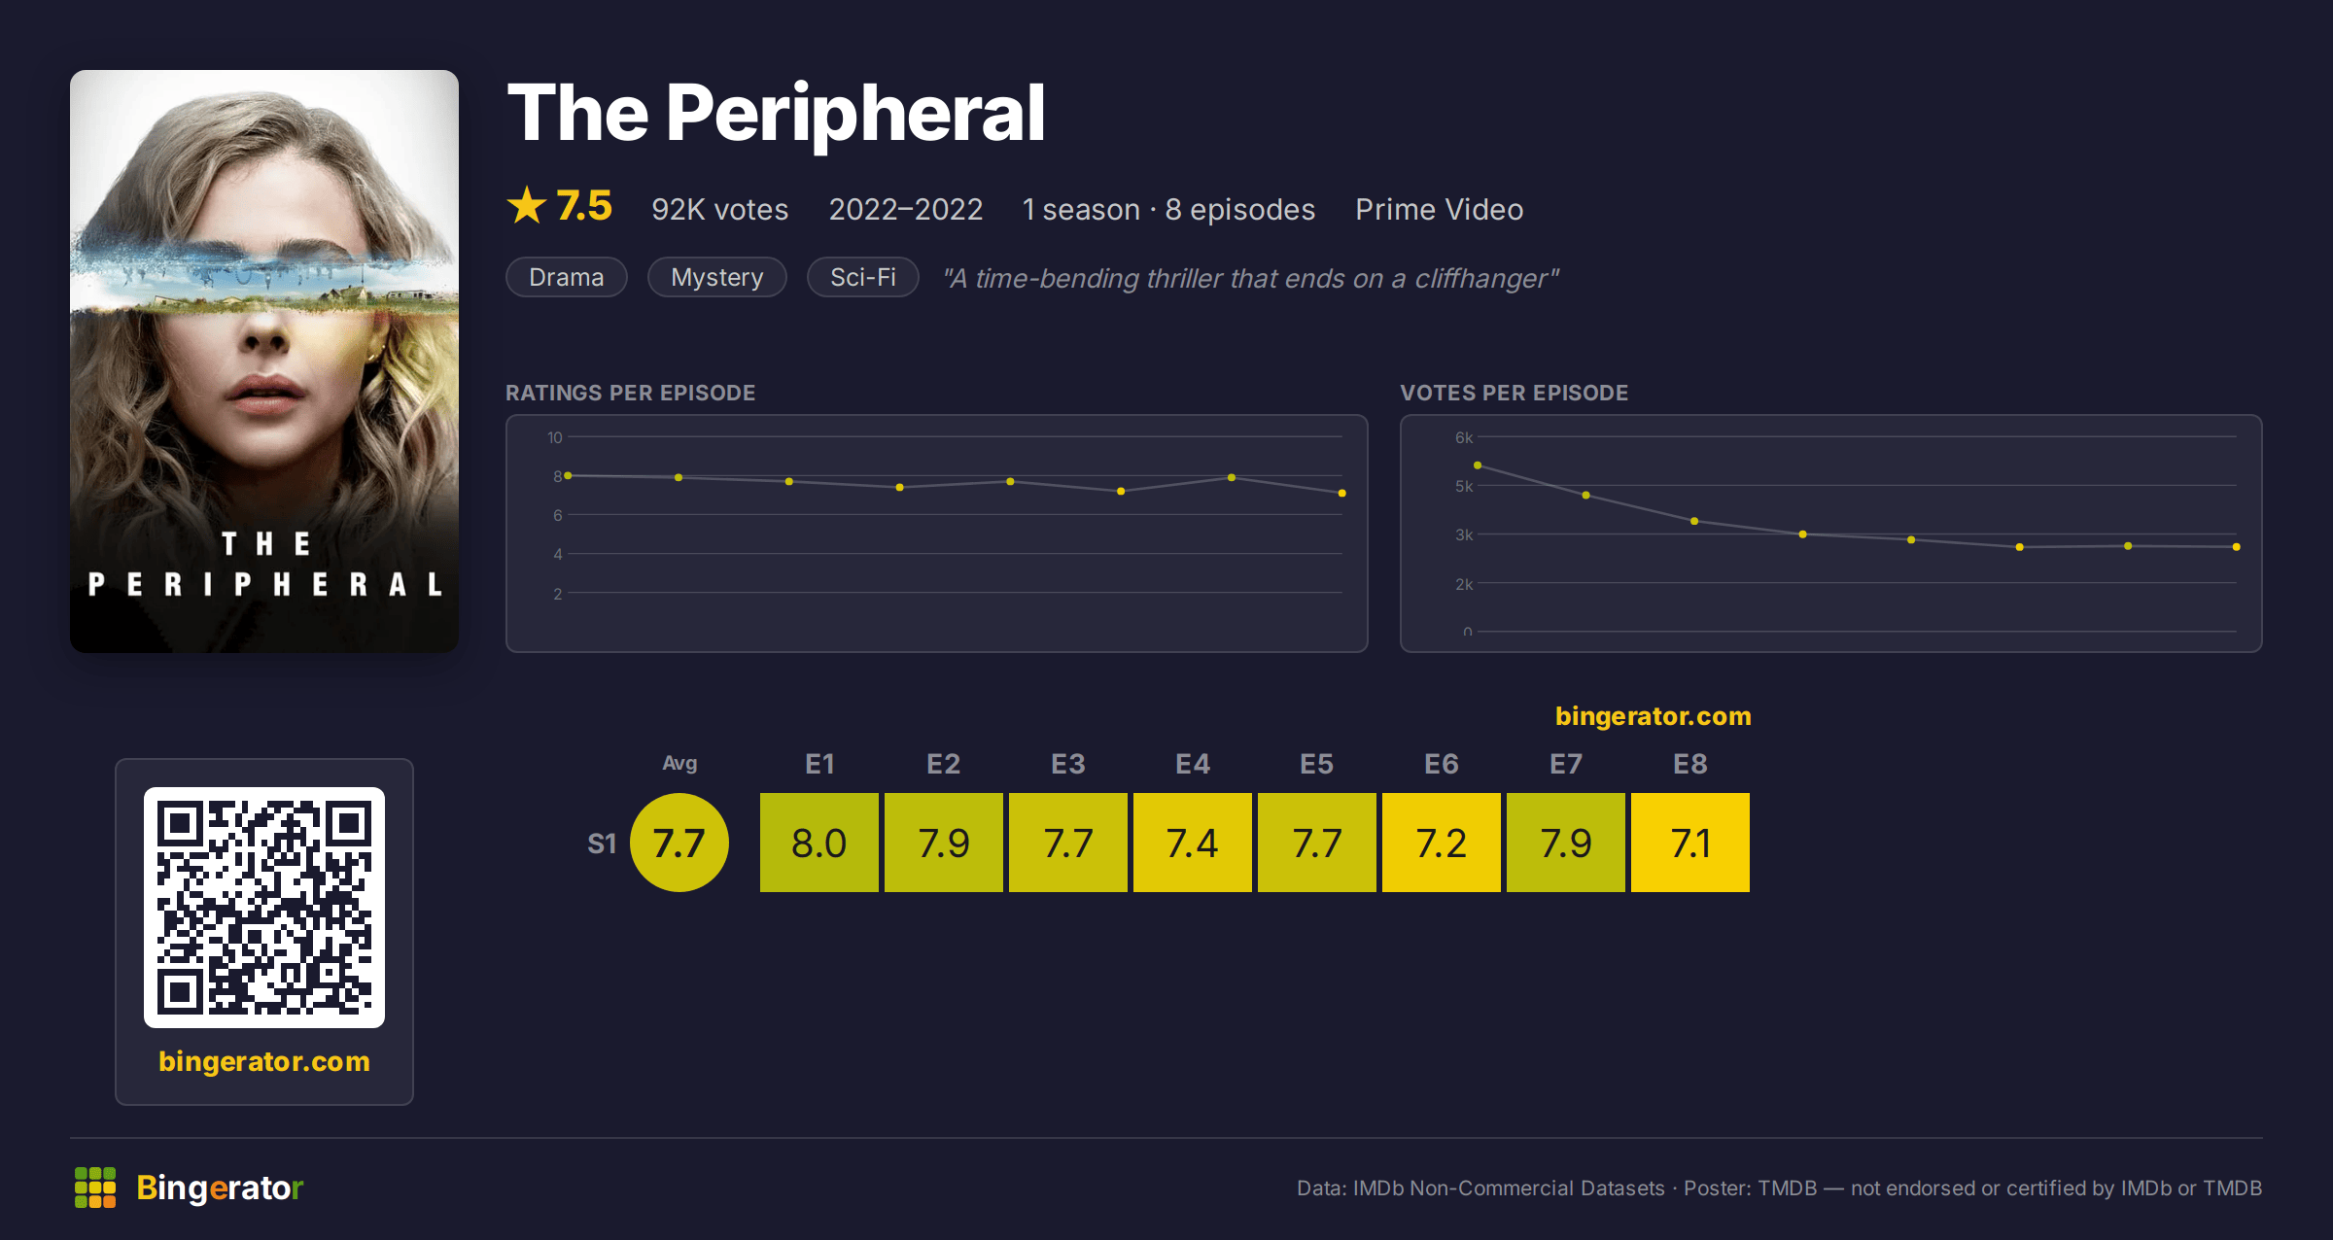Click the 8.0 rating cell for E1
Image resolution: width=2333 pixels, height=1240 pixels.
818,843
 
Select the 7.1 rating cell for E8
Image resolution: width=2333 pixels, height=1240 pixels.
1689,843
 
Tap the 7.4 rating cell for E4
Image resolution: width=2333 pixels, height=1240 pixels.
1192,843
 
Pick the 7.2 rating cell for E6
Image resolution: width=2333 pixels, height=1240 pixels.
1441,843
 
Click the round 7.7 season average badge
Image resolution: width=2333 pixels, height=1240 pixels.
679,843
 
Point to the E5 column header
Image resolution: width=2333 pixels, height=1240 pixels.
1316,764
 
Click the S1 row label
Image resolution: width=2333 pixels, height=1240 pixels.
602,844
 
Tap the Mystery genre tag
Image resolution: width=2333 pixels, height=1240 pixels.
716,278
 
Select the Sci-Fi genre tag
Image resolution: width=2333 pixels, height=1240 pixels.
862,278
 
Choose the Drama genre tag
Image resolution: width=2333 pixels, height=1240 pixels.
566,278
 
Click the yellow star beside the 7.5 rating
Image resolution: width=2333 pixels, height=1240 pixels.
527,205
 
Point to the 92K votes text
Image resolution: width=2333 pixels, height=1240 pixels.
719,210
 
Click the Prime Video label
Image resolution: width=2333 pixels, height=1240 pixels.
1439,210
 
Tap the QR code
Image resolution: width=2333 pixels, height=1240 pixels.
264,908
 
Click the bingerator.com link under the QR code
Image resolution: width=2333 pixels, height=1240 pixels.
264,1061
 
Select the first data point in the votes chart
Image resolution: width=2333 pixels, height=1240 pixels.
1478,465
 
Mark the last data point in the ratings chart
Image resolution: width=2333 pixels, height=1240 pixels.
1342,494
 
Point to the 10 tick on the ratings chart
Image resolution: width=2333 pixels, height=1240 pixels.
554,437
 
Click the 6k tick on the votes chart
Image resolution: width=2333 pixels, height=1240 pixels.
1463,437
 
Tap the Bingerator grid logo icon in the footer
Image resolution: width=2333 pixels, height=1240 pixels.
95,1188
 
